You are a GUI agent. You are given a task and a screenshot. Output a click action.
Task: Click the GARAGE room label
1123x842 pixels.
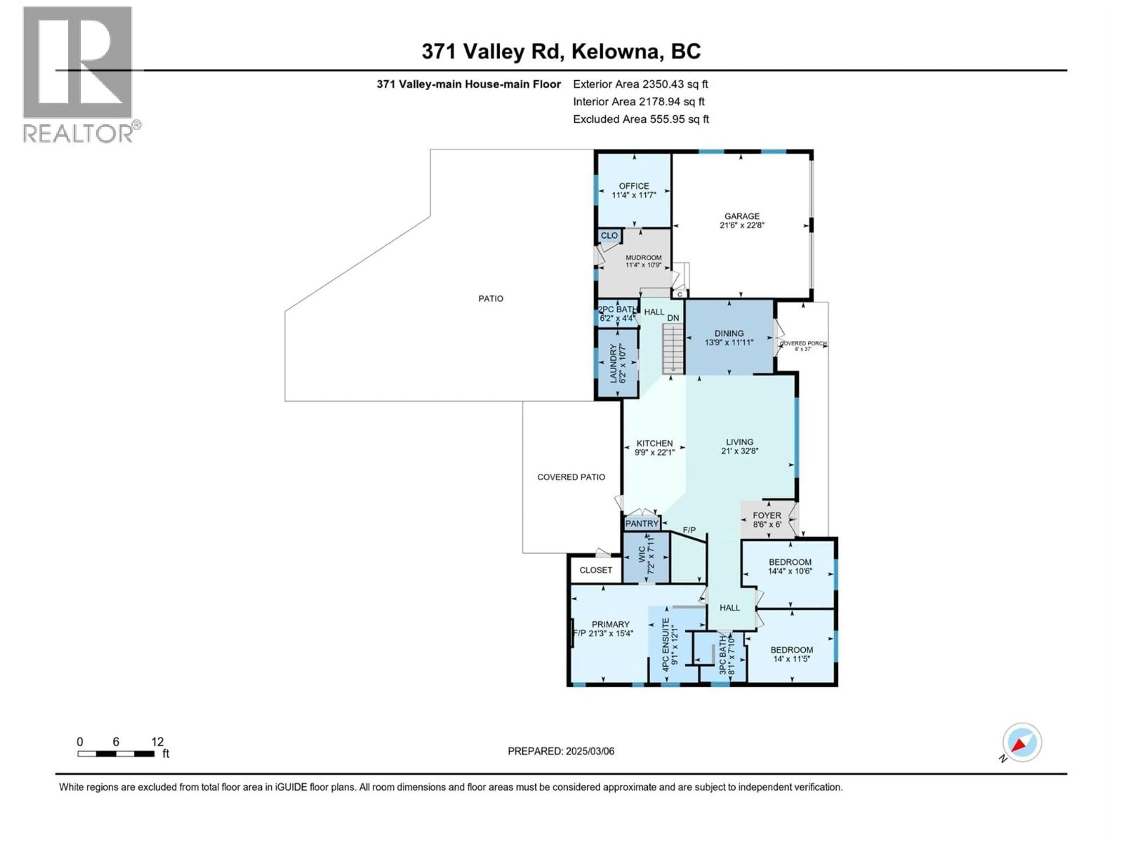click(742, 216)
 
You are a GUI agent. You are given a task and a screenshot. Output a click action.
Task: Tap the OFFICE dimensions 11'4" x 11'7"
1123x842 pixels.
click(634, 195)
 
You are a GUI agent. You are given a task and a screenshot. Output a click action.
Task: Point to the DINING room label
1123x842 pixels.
click(729, 334)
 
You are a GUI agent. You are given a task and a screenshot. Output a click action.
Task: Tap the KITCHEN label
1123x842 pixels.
click(654, 443)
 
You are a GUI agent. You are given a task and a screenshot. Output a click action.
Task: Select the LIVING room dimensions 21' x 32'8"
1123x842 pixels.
click(740, 451)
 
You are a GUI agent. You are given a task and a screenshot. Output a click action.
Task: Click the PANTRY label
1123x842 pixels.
click(642, 523)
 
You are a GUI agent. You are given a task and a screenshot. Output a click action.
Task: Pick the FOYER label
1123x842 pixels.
click(767, 515)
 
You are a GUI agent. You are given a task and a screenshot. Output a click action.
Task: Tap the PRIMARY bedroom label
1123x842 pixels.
click(610, 624)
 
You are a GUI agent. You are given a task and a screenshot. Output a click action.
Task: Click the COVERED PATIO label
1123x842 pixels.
click(571, 477)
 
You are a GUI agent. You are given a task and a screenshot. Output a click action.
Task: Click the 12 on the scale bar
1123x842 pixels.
click(157, 742)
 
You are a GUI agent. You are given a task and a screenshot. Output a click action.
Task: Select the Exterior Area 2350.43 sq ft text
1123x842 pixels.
click(640, 84)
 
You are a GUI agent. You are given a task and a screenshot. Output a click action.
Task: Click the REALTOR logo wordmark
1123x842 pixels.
click(79, 134)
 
